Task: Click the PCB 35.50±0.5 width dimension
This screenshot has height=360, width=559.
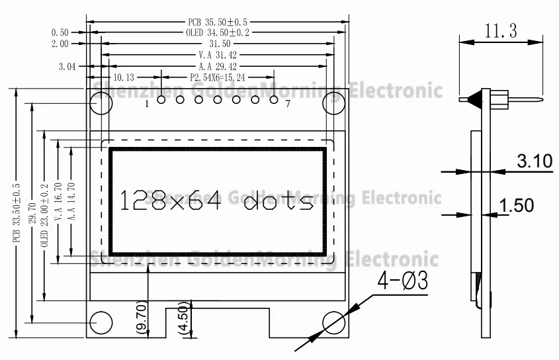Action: [218, 22]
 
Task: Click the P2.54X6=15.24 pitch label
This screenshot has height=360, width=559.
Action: [218, 78]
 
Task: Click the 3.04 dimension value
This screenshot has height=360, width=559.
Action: [67, 67]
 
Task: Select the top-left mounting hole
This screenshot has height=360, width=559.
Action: [101, 103]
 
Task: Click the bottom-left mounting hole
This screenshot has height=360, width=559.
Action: [101, 322]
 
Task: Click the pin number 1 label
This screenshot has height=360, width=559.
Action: [146, 104]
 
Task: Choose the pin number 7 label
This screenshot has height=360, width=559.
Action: [286, 104]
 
